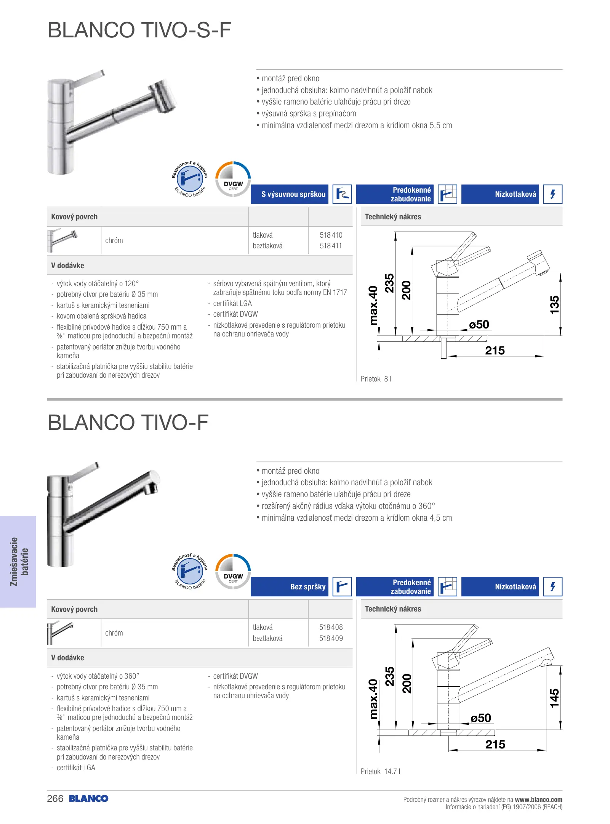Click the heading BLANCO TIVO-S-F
click(139, 30)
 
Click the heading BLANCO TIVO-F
click(128, 423)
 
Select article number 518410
click(331, 235)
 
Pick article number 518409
click(331, 638)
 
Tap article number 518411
click(331, 246)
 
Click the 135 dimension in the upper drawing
click(554, 305)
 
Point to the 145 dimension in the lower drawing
click(554, 698)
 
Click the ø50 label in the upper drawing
click(479, 325)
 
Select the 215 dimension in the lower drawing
click(495, 744)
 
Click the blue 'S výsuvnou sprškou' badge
click(290, 194)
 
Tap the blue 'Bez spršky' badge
click(290, 587)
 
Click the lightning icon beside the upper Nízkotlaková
click(552, 194)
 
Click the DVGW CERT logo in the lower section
click(233, 571)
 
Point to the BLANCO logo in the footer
click(89, 798)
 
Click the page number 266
click(55, 798)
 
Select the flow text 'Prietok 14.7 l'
click(380, 771)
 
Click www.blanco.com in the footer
click(538, 800)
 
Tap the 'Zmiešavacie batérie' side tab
click(18, 562)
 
